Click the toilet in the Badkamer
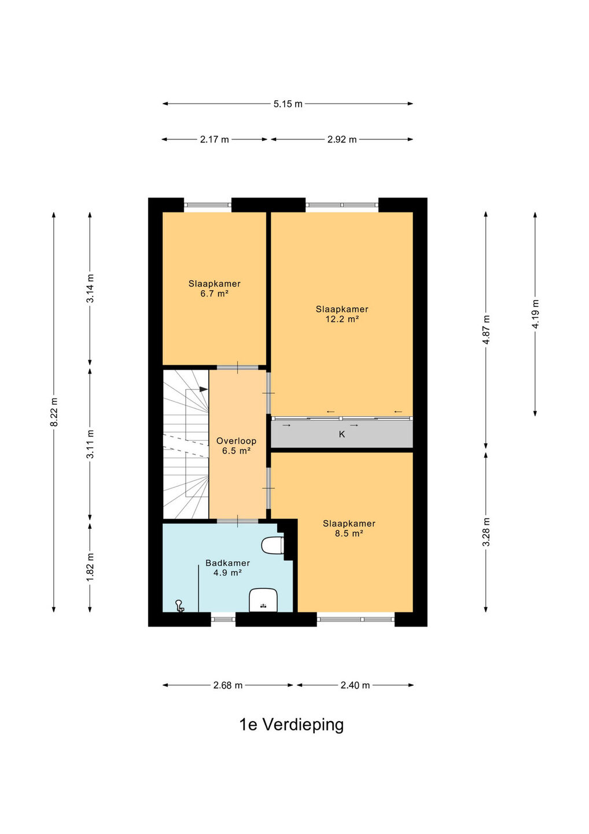(x=273, y=546)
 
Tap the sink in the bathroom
(x=263, y=600)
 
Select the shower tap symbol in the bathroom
(x=179, y=606)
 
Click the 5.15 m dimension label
(x=288, y=104)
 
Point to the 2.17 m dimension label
(x=214, y=140)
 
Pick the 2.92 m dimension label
(x=342, y=140)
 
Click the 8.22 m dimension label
(x=54, y=412)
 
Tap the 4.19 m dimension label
(x=535, y=314)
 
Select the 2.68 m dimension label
(x=227, y=685)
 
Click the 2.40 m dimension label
(x=355, y=685)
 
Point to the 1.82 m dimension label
(x=90, y=568)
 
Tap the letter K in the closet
(x=342, y=434)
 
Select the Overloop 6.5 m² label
(x=237, y=446)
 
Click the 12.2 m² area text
(x=342, y=319)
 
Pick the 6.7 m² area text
(x=214, y=294)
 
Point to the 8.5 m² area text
(x=349, y=533)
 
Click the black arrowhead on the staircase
(x=204, y=389)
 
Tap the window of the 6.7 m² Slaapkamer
(x=208, y=204)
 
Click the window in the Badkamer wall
(x=223, y=619)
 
